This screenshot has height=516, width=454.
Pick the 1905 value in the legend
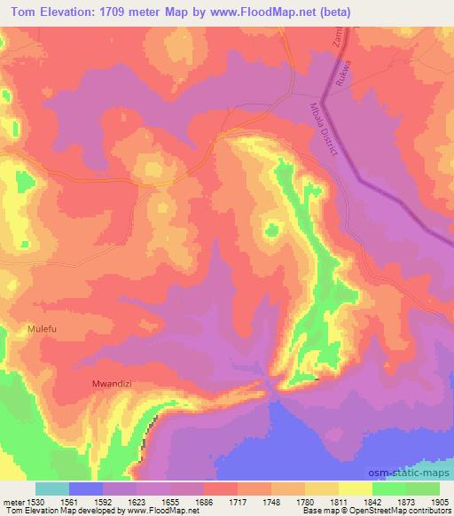pyautogui.click(x=439, y=502)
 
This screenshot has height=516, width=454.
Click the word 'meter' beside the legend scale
pyautogui.click(x=12, y=502)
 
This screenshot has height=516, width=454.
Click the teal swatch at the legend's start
pyautogui.click(x=52, y=489)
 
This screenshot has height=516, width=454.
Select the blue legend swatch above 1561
pyautogui.click(x=86, y=489)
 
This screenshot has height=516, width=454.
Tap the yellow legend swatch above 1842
pyautogui.click(x=355, y=489)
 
